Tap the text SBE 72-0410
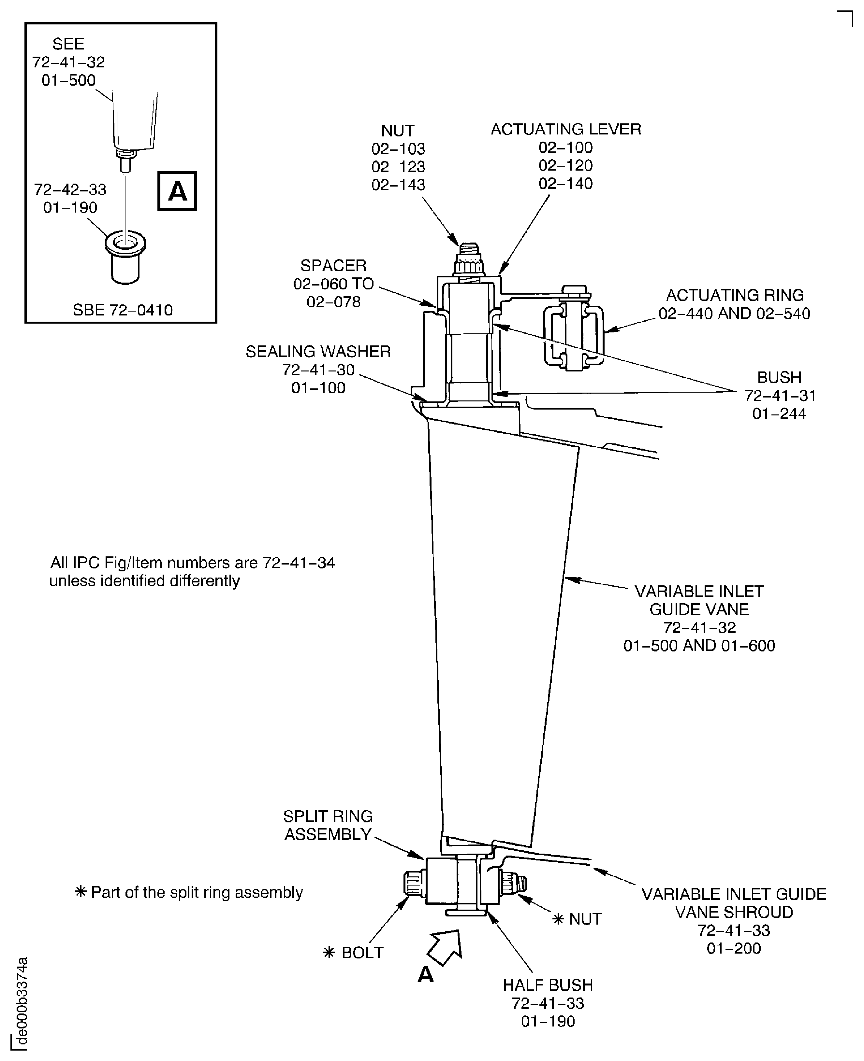pyautogui.click(x=123, y=310)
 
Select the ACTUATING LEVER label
pyautogui.click(x=565, y=129)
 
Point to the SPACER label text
pyautogui.click(x=333, y=266)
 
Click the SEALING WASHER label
pyautogui.click(x=318, y=352)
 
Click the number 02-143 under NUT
pyautogui.click(x=398, y=185)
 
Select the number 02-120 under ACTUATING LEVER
pyautogui.click(x=565, y=166)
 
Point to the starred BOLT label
pyautogui.click(x=362, y=953)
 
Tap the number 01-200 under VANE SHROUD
pyautogui.click(x=734, y=948)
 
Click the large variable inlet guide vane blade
pyautogui.click(x=503, y=621)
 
